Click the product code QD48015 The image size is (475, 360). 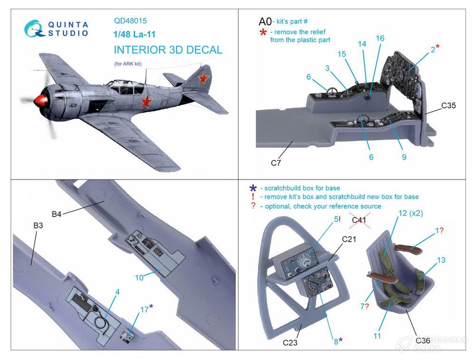(130, 21)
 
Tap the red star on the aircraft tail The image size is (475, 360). (203, 77)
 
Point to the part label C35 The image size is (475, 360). (448, 105)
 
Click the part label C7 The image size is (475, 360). (276, 163)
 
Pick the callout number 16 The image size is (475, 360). (380, 38)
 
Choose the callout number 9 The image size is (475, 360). (404, 157)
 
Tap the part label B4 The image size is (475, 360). (57, 214)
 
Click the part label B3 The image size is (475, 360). (38, 226)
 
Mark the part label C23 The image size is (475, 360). (291, 341)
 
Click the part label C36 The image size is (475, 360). (423, 340)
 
